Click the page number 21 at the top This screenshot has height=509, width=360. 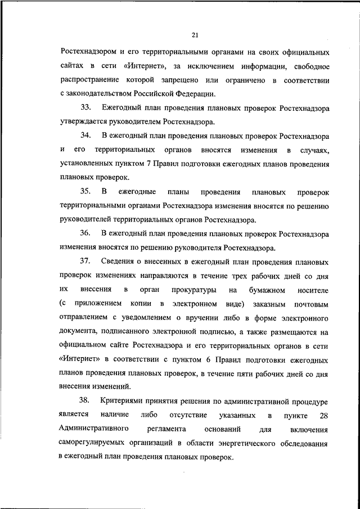pos(195,35)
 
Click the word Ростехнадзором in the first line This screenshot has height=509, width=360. pos(90,52)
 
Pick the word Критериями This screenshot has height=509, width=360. pos(125,401)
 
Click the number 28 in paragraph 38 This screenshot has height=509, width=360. pos(323,415)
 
